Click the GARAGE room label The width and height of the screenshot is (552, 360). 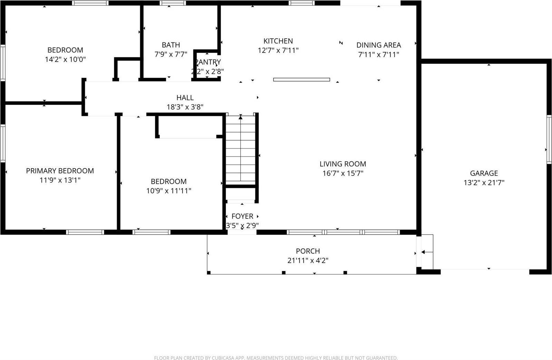pyautogui.click(x=484, y=173)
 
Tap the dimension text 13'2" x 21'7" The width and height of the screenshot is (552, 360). pyautogui.click(x=484, y=182)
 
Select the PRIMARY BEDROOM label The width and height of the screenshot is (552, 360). pyautogui.click(x=60, y=171)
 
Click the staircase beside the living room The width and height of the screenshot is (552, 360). pyautogui.click(x=241, y=150)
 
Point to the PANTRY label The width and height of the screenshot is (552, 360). pyautogui.click(x=208, y=62)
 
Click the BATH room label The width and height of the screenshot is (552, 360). pyautogui.click(x=171, y=45)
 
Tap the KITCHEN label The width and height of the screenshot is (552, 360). pyautogui.click(x=278, y=41)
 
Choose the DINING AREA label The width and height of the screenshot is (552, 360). pyautogui.click(x=378, y=45)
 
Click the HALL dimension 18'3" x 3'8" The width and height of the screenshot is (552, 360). pyautogui.click(x=185, y=107)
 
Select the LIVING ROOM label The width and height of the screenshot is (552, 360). pyautogui.click(x=342, y=164)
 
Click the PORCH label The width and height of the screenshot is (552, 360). pyautogui.click(x=308, y=251)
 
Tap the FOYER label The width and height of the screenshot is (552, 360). pyautogui.click(x=242, y=216)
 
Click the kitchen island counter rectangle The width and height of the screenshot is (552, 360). pyautogui.click(x=301, y=79)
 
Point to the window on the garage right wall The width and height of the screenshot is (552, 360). pyautogui.click(x=549, y=139)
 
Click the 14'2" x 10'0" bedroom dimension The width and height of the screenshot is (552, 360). pyautogui.click(x=65, y=59)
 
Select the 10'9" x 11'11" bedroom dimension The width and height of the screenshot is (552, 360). pyautogui.click(x=168, y=191)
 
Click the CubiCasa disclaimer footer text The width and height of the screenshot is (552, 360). pyautogui.click(x=275, y=358)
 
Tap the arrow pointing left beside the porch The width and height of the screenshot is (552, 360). pyautogui.click(x=427, y=252)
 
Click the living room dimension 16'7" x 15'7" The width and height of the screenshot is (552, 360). pyautogui.click(x=342, y=173)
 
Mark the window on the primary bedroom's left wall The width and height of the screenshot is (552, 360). pyautogui.click(x=3, y=143)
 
